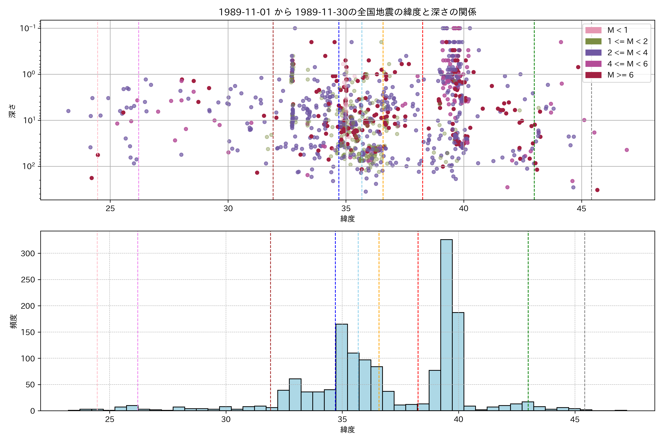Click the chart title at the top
point(347,12)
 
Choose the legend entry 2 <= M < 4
point(627,53)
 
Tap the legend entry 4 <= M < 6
point(627,64)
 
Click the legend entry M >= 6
point(620,75)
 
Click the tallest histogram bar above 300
point(446,324)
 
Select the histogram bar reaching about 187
point(458,361)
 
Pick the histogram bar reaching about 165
point(342,366)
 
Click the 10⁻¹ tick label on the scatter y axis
point(28,28)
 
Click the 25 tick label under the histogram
point(110,420)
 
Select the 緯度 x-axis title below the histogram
point(347,430)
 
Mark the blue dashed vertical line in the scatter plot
point(339,113)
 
